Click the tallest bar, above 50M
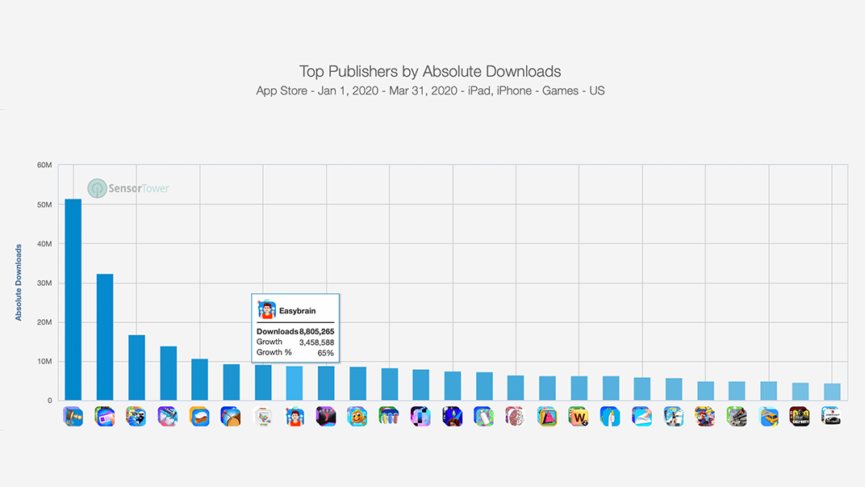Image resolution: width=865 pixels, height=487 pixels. click(73, 299)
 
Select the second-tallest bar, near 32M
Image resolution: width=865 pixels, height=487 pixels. click(105, 337)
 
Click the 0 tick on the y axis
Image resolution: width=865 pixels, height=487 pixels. click(49, 401)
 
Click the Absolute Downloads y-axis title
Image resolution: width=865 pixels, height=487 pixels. click(19, 283)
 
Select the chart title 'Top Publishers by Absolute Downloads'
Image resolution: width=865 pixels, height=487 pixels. click(430, 72)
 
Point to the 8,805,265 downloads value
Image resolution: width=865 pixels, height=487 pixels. click(317, 332)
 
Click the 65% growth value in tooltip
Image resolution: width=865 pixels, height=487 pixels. click(325, 353)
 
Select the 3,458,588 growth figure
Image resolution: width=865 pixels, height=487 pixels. click(316, 342)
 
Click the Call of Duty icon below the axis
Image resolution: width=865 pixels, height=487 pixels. click(800, 416)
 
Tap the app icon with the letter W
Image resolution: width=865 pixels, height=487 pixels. click(579, 416)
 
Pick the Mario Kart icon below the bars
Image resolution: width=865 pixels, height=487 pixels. click(704, 416)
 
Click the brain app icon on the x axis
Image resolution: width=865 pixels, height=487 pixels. click(515, 416)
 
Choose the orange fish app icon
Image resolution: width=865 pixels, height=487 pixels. click(357, 416)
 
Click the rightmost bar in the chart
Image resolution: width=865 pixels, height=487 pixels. click(832, 392)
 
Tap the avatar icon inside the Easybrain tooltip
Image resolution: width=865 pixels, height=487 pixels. click(266, 309)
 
